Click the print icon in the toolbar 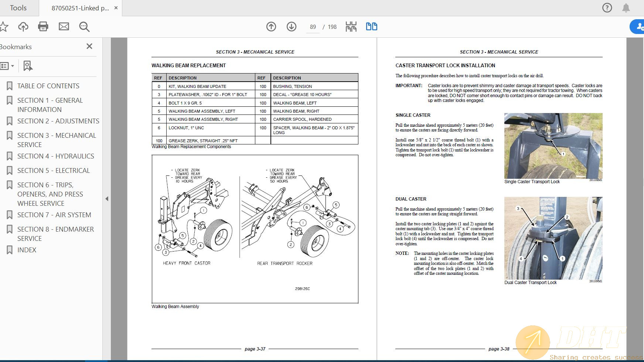43,27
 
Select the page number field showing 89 313,27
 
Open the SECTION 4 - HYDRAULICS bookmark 55,156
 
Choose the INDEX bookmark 27,250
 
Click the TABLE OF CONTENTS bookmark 48,86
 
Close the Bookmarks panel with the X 89,47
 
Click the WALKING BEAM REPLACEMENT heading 188,65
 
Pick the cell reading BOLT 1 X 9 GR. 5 185,103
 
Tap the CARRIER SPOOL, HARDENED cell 302,119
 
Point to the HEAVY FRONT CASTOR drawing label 187,263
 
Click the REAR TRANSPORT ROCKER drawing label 284,263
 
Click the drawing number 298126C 302,289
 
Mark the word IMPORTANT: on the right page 409,86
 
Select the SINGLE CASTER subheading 413,115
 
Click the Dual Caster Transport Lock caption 530,283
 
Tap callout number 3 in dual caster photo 518,209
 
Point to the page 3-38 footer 499,349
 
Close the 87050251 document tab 116,8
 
